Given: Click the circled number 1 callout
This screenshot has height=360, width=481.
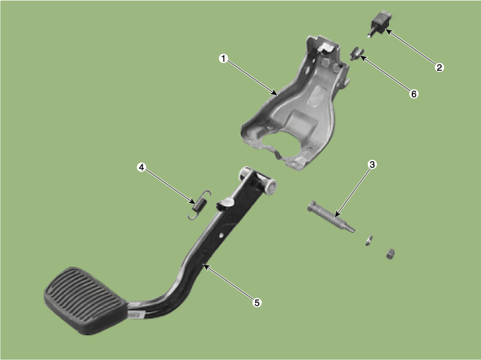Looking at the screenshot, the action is [224, 58].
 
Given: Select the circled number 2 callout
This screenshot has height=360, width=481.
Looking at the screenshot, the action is [439, 67].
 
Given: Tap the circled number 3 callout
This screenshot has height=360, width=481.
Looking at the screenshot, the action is [372, 165].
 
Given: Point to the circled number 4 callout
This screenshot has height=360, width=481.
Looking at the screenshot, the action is [141, 167].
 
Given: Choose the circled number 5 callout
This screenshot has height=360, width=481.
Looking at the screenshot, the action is [257, 302].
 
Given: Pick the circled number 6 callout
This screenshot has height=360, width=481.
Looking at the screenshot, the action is [414, 94].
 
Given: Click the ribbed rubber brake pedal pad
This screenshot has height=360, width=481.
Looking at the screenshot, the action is [85, 300].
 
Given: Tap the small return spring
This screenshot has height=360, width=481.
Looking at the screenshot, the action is [200, 205].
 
